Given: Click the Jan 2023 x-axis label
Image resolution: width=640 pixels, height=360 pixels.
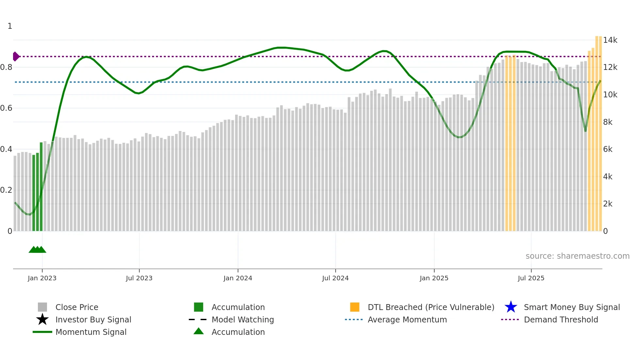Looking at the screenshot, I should pos(42,278).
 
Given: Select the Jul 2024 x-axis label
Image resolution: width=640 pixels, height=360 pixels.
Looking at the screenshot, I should pos(335,278).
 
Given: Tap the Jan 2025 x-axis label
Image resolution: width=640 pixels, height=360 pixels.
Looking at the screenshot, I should pos(434,278).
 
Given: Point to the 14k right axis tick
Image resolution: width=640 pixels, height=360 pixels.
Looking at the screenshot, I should pos(610,40).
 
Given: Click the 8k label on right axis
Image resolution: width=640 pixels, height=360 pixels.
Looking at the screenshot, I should pos(608,122).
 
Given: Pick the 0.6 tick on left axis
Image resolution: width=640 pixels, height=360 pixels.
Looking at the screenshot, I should pos(6,108).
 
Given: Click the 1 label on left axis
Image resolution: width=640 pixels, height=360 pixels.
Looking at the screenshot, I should pos(10,26).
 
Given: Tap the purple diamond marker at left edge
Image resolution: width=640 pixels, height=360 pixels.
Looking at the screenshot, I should pos(16,57).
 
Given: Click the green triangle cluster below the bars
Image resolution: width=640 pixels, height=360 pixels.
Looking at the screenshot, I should pos(38,250).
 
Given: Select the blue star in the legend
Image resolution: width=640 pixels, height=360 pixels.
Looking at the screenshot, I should pos(511,307).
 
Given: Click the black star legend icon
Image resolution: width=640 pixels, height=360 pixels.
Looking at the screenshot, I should pos(42,319).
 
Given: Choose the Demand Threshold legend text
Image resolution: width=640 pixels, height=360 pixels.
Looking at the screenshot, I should pos(561,319).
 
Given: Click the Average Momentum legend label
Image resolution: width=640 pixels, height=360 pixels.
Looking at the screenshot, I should pos(407,319).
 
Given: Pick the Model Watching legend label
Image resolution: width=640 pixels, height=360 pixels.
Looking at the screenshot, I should pos(243,319).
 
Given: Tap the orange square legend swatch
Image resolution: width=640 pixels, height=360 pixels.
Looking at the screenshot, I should pos(355,307).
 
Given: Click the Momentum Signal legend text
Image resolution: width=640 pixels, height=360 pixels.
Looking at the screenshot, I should pos(91,332).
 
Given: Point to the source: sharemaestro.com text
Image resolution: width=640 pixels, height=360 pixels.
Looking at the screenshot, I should pos(577,256).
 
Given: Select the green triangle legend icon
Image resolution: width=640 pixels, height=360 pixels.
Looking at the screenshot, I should pos(199,331).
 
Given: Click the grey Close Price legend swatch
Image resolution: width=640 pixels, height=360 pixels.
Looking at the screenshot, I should pos(42,307).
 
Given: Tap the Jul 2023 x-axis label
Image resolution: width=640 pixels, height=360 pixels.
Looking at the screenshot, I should pos(139,278).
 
